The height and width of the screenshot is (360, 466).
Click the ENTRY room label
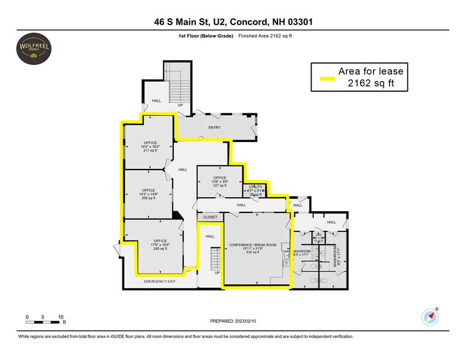click(x=214, y=127)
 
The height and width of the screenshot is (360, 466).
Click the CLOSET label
click(x=210, y=217)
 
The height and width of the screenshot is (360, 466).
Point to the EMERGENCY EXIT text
click(x=159, y=281)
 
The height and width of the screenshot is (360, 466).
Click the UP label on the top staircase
click(x=180, y=105)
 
